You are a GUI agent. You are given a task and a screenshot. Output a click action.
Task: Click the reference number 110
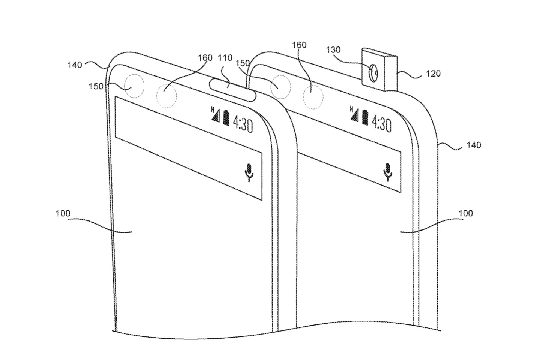click(225, 58)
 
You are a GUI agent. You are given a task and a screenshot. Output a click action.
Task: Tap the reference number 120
click(433, 73)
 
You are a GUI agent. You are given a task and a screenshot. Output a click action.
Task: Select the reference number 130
click(333, 49)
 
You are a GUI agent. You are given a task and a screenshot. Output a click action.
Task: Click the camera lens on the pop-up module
click(374, 73)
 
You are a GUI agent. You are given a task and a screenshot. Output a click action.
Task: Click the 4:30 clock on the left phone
click(243, 124)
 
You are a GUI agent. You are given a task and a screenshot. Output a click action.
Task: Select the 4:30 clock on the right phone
click(381, 123)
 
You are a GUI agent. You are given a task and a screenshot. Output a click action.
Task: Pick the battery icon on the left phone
click(226, 117)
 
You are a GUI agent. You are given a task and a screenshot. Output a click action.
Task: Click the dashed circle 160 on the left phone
click(166, 96)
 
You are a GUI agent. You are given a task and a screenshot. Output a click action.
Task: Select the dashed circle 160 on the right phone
click(313, 97)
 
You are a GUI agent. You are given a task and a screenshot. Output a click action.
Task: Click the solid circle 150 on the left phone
click(134, 86)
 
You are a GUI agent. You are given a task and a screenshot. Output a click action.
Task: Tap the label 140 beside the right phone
click(474, 145)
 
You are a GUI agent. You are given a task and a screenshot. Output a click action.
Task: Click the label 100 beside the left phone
click(63, 213)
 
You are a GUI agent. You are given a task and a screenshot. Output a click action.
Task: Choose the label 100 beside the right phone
click(465, 213)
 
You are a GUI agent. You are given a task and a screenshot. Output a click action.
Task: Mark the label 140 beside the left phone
click(75, 65)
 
